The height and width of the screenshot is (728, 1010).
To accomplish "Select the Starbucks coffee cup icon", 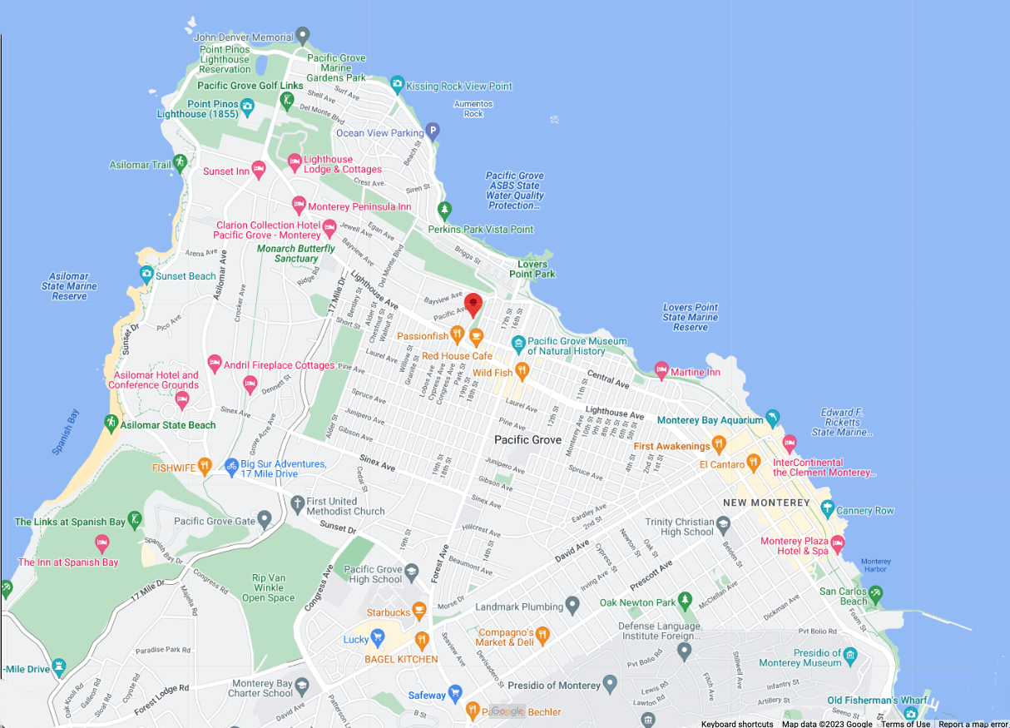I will pos(420,612).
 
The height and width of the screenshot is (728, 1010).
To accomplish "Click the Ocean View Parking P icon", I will pos(432,131).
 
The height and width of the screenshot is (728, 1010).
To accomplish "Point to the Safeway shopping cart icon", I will pos(454,694).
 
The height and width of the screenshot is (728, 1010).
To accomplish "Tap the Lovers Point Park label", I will pos(532,270).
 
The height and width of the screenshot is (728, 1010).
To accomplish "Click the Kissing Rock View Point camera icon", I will pos(397,85).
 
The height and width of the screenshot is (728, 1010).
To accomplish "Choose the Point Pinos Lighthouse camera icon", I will pos(247,106).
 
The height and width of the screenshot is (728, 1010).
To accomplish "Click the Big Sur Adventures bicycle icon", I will pos(231,467).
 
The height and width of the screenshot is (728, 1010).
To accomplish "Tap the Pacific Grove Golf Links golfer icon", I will pos(288,101).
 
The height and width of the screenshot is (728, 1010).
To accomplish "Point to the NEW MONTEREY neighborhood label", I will pos(766,503).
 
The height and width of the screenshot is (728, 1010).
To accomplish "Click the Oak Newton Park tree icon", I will pos(685,601).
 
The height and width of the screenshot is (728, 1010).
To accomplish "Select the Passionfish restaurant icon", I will pos(457,335).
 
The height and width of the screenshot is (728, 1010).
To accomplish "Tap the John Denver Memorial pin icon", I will pos(303,36).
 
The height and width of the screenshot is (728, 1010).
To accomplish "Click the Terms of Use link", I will pos(905,724).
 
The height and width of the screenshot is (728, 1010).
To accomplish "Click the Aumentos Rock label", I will pos(473,109).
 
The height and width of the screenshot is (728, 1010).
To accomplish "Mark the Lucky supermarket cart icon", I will pos(378,639).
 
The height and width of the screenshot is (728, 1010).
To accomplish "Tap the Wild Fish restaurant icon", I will pos(522,371).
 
